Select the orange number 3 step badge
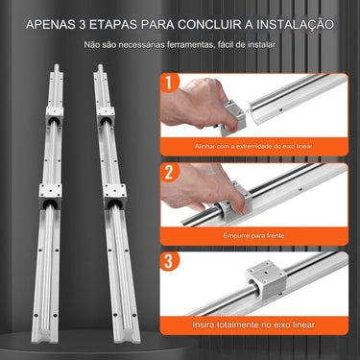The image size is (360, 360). tap(170, 260)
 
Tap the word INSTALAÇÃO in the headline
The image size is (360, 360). tap(289, 22)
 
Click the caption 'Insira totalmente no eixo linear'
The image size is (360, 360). tap(254, 325)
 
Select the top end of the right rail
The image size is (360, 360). tap(98, 70)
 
